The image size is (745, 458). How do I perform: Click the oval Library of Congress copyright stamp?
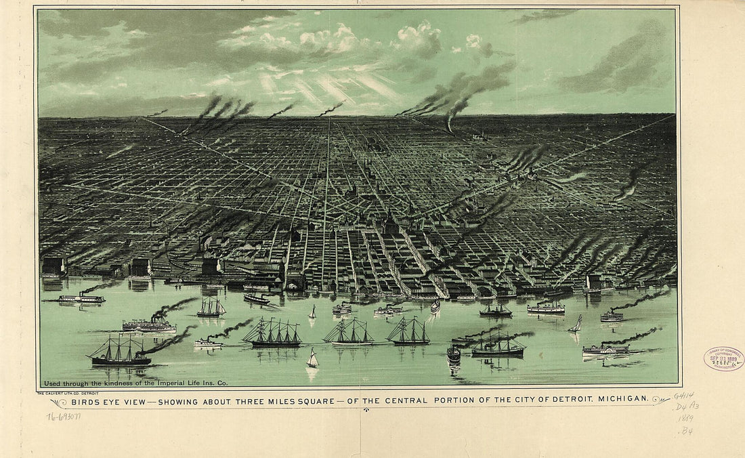pos(723,358)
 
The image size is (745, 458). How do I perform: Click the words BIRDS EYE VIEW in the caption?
pos(104,401)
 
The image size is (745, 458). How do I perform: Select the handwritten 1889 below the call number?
pos(685,419)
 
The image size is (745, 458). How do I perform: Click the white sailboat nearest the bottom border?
pos(312,359)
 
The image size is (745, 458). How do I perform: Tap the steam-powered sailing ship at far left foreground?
pos(120,352)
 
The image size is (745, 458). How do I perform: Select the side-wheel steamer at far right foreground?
pos(605,350)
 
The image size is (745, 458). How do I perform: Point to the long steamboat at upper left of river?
pos(81,298)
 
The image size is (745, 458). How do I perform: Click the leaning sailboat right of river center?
pos(576,325)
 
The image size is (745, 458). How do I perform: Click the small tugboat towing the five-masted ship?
pos(208,343)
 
